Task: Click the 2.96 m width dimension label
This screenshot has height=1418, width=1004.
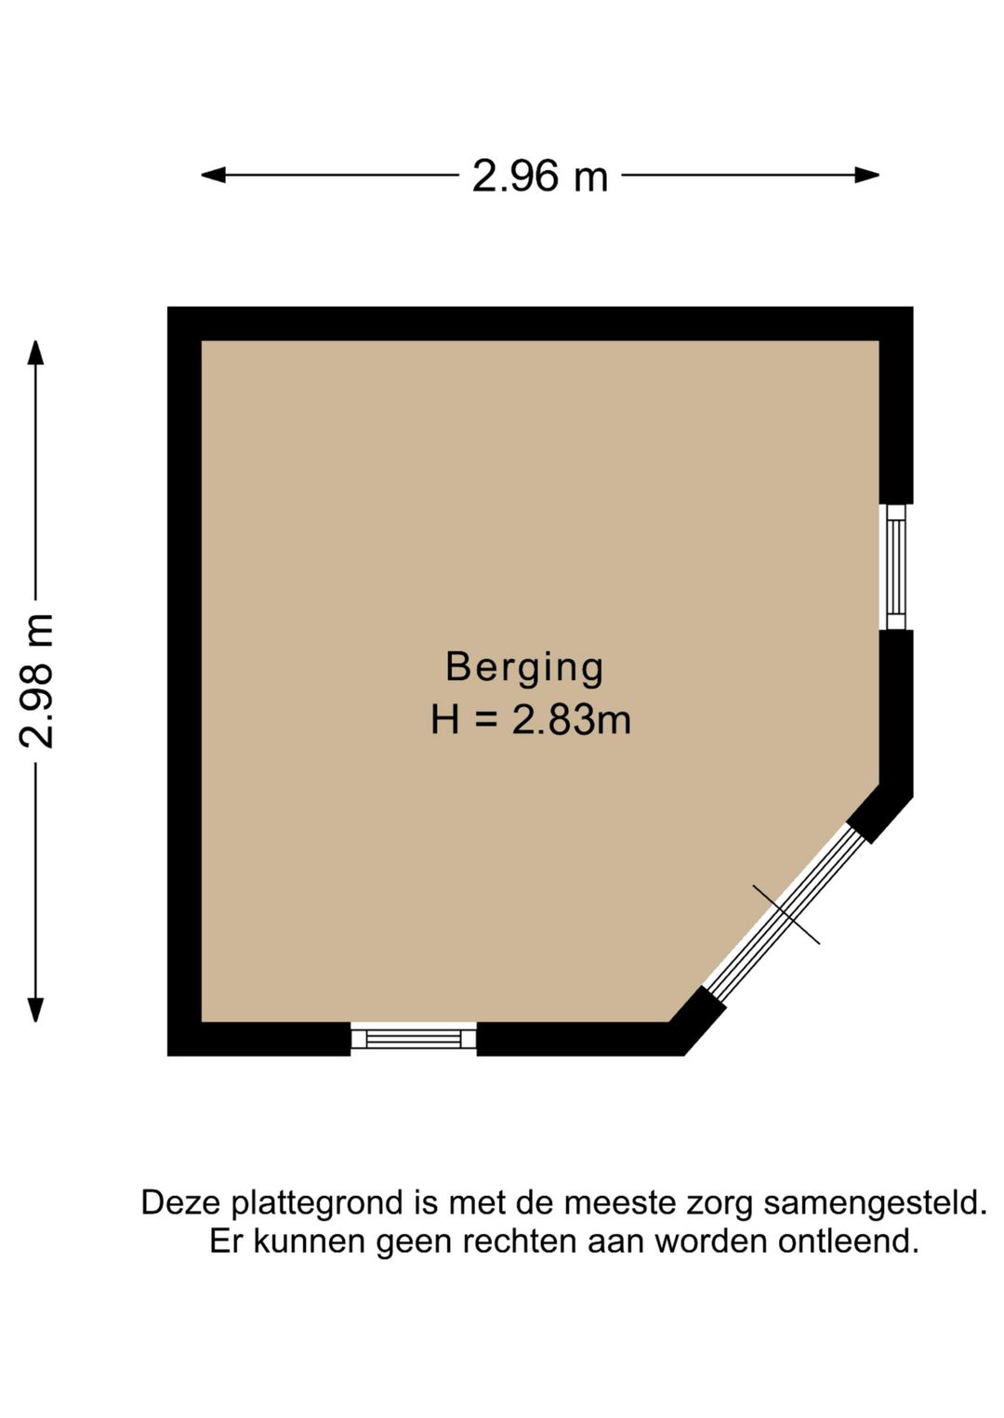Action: click(539, 177)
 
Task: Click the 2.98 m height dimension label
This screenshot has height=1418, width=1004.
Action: click(38, 680)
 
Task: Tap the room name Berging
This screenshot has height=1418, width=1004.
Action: click(524, 667)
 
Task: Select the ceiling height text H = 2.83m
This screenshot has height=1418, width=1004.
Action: click(530, 720)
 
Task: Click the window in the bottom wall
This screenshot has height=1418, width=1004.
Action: click(414, 1038)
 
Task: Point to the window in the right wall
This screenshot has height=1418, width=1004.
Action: click(896, 567)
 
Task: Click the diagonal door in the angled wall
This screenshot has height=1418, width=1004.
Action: click(786, 913)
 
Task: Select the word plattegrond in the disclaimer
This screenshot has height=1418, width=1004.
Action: click(317, 1203)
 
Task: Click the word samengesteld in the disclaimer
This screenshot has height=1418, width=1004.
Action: click(875, 1203)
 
